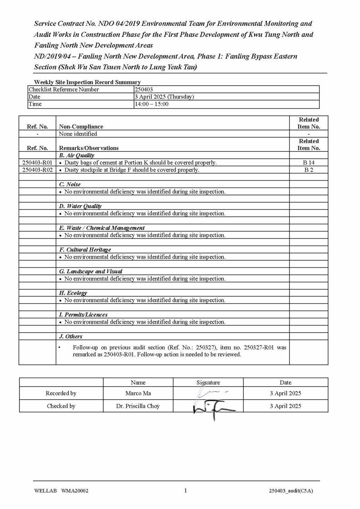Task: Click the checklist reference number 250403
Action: click(144, 90)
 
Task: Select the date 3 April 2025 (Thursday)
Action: click(164, 97)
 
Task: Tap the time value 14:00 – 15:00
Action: click(152, 104)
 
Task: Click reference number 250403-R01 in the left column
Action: click(38, 163)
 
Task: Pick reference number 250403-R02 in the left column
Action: click(38, 170)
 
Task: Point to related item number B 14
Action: click(309, 163)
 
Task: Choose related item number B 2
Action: click(309, 170)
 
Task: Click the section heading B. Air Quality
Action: click(77, 155)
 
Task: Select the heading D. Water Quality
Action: click(81, 206)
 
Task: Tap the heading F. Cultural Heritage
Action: click(85, 250)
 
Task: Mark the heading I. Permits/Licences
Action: click(83, 315)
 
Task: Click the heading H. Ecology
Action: click(73, 293)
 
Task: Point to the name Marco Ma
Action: click(138, 393)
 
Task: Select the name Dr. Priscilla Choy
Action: click(138, 406)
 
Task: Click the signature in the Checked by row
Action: click(213, 407)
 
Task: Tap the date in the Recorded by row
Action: click(285, 393)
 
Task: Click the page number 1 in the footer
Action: click(185, 490)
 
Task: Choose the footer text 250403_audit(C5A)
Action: click(291, 491)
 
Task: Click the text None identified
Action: click(78, 134)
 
